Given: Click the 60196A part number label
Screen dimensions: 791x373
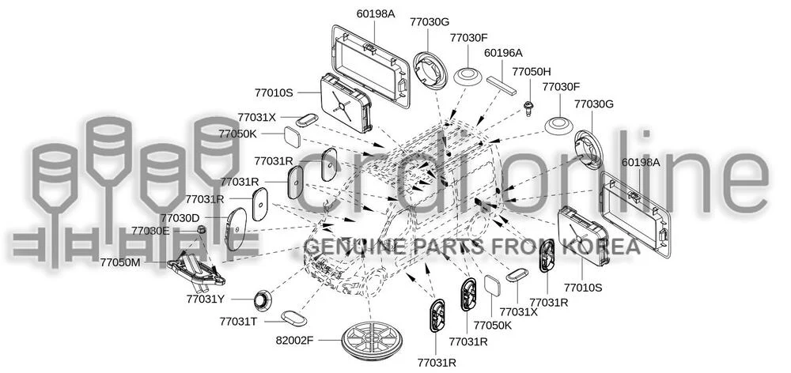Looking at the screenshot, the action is pos(503,52).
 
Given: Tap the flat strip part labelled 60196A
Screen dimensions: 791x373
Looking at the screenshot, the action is pos(502,85).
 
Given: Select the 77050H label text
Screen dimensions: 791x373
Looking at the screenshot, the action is pos(532,72).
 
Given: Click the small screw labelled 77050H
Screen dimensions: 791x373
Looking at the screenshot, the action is pos(528,107).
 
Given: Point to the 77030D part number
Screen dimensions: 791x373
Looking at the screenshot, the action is pos(180,218).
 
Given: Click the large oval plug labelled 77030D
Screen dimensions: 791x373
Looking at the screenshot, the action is pos(236,229).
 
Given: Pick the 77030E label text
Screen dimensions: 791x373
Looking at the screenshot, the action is pos(151,231).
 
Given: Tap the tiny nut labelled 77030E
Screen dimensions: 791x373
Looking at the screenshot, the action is pos(201,230).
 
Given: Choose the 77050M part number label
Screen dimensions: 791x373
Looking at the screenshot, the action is pos(120,262).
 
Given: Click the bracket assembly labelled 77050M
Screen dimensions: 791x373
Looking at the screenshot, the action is pos(196,271).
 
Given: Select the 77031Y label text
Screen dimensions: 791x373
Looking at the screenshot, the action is pos(206,299).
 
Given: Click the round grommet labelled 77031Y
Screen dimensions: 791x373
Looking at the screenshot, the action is pos(262,300).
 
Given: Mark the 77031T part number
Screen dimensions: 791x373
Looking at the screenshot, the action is pos(239,321).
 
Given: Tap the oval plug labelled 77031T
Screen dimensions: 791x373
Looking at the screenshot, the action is pos(293,318).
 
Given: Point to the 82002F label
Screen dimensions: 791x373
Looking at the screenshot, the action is pos(294,341).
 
